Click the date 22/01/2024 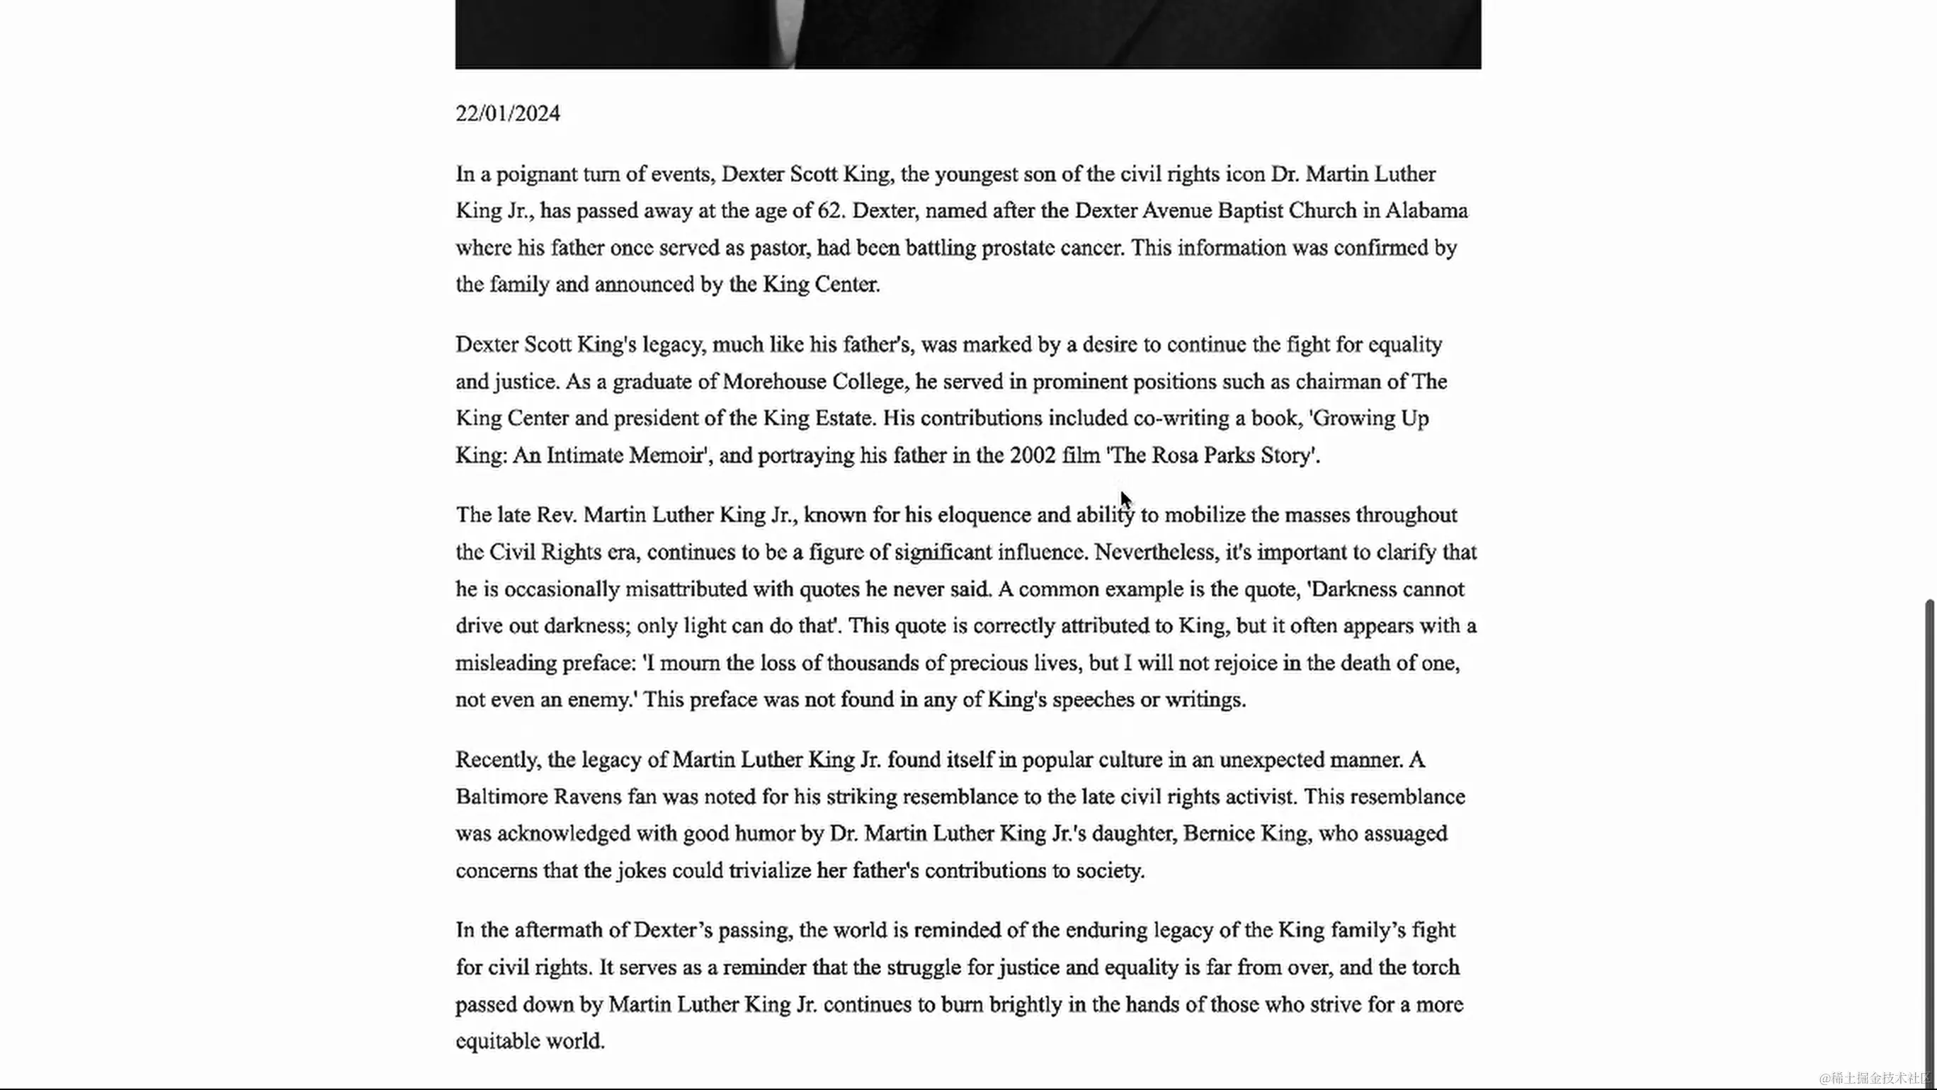click(x=508, y=113)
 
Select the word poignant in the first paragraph click(x=535, y=174)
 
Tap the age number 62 click(x=829, y=210)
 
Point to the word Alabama click(x=1426, y=210)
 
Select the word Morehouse click(x=774, y=382)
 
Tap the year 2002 click(x=1033, y=455)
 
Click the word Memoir click(x=666, y=455)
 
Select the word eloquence click(x=984, y=515)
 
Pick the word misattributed click(x=686, y=589)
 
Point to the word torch click(x=1436, y=967)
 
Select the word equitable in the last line click(x=498, y=1041)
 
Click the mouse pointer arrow click(x=1124, y=499)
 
